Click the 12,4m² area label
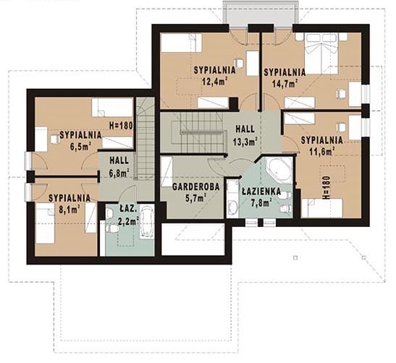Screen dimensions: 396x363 click(214, 81)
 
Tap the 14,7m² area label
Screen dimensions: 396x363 click(285, 83)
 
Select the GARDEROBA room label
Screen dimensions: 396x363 click(196, 187)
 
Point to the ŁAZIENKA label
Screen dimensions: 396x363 click(261, 191)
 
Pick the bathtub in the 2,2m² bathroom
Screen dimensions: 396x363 click(147, 221)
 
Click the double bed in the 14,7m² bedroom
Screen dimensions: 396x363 click(321, 54)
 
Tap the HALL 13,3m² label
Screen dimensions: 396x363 click(245, 136)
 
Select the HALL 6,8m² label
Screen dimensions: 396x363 click(119, 166)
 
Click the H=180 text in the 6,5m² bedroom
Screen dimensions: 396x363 click(121, 125)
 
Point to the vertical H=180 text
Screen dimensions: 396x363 click(327, 188)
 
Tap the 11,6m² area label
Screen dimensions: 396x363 click(322, 151)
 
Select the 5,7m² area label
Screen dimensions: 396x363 click(196, 198)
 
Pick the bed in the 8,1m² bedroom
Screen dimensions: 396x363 click(45, 223)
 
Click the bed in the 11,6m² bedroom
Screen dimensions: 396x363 click(322, 208)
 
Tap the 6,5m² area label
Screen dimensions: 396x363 click(80, 146)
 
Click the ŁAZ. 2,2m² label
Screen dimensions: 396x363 click(129, 215)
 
